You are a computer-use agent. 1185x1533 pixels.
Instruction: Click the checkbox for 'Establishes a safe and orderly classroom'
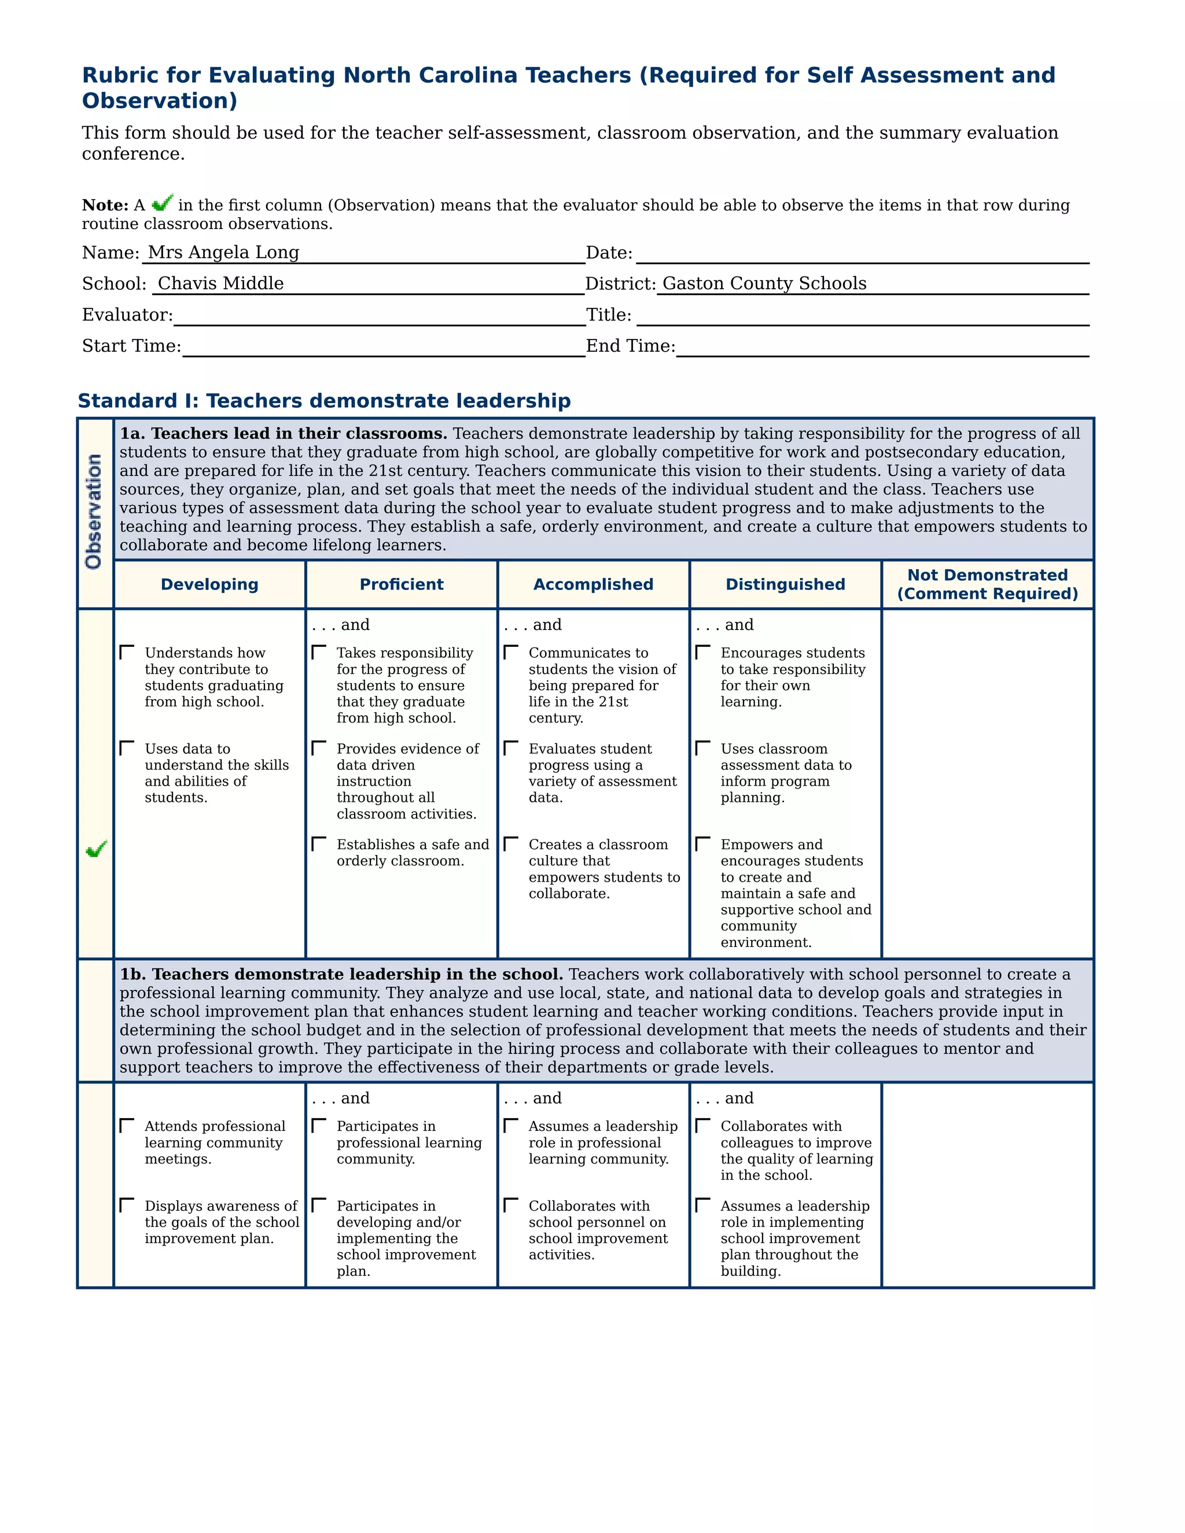[319, 843]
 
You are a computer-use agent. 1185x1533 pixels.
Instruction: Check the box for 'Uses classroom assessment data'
[702, 748]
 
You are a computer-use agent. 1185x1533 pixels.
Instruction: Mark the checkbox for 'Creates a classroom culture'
[511, 843]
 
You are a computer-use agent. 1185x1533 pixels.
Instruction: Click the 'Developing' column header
[209, 584]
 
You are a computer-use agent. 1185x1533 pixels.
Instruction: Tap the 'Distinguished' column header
[785, 584]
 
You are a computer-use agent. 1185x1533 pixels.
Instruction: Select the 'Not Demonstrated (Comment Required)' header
[987, 584]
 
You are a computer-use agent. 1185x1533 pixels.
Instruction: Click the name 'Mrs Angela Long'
[223, 252]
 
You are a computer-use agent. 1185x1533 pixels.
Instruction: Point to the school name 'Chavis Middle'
[220, 283]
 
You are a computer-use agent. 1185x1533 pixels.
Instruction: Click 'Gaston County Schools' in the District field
[764, 283]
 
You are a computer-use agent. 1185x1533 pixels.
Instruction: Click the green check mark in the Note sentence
[162, 203]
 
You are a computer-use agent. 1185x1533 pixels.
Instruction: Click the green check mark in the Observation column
[95, 849]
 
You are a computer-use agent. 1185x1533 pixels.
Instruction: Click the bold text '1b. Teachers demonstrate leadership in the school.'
[341, 974]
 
